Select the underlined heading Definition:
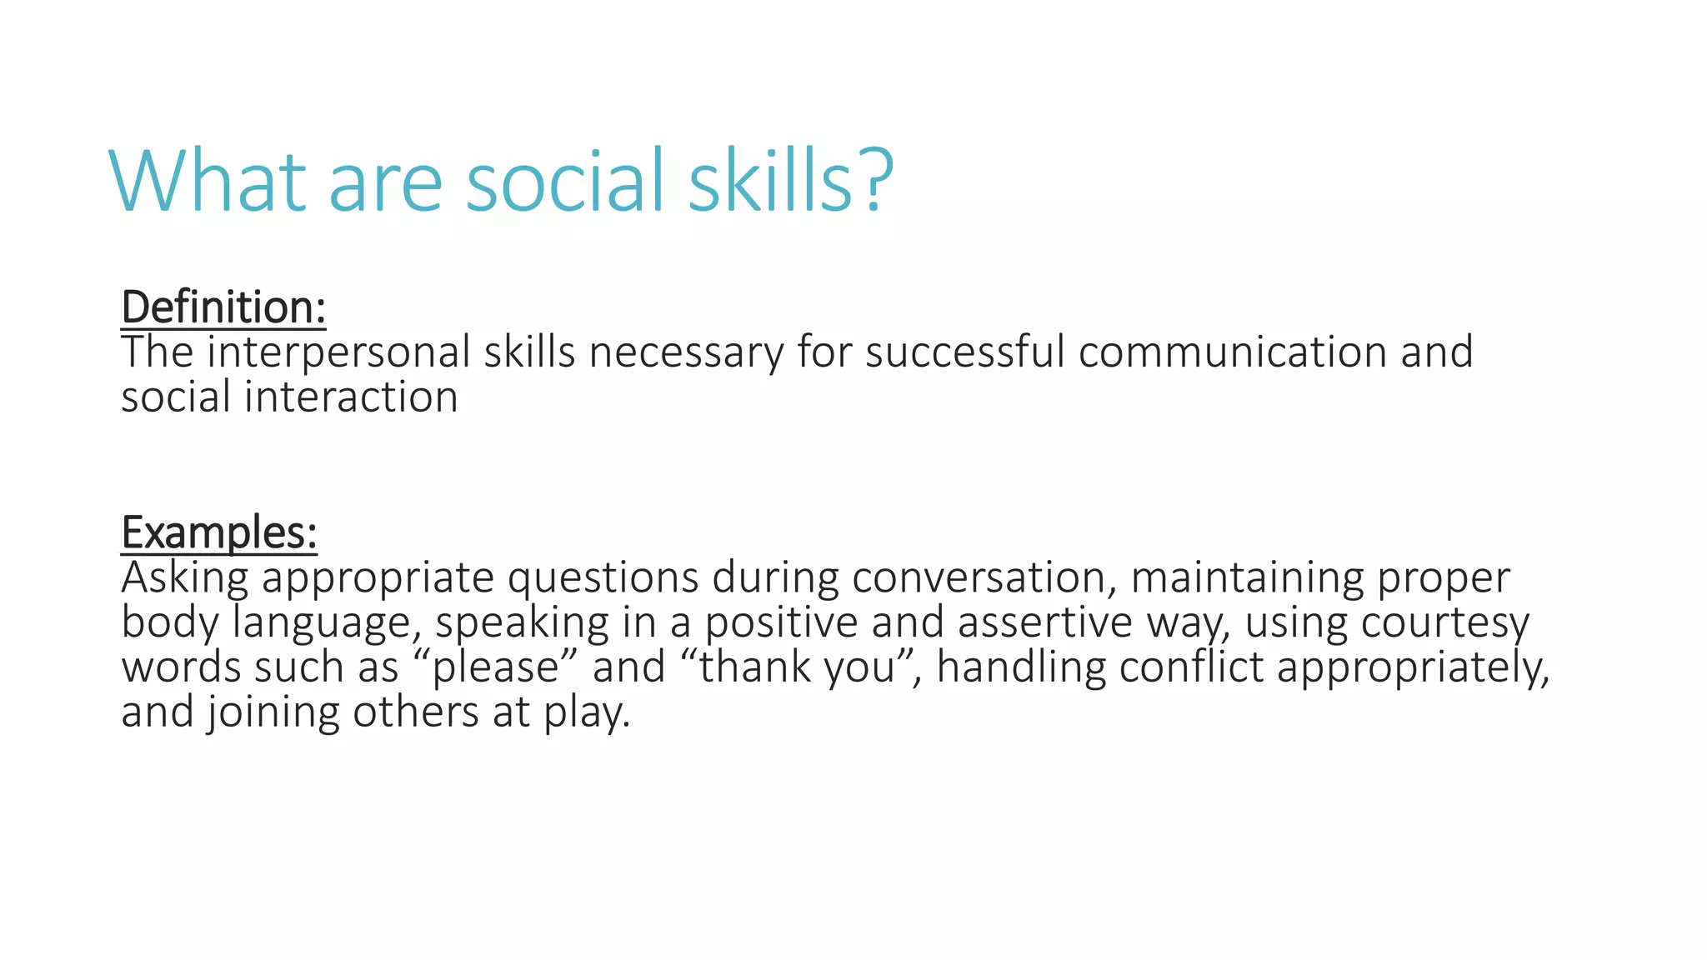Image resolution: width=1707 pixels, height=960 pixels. pos(223,307)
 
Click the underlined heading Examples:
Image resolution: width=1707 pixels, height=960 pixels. pos(219,532)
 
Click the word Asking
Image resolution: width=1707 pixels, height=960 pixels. pos(184,578)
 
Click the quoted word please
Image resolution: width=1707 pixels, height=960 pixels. pos(495,668)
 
